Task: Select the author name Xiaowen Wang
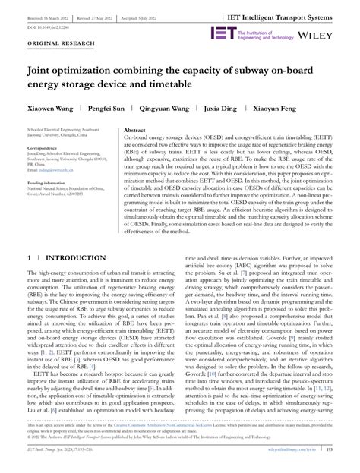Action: coord(52,109)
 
